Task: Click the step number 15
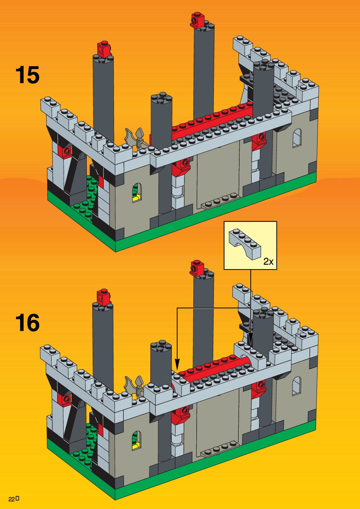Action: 27,75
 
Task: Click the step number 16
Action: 27,323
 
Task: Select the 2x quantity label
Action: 268,261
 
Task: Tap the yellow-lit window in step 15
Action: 137,192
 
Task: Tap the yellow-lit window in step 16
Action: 137,441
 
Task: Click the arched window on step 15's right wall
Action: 297,138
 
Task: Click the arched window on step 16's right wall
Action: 296,386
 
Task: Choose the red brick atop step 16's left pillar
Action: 103,297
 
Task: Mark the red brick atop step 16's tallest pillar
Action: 197,268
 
